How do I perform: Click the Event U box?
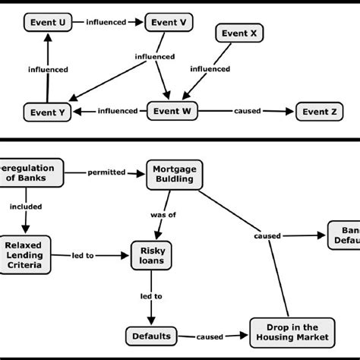[49, 23]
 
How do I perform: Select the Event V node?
[169, 23]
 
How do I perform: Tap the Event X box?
[239, 33]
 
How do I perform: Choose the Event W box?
[171, 111]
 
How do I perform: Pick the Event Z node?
[319, 112]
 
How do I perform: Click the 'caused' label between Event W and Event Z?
[248, 112]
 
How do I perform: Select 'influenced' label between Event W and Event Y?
[118, 112]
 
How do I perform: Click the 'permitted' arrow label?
[106, 172]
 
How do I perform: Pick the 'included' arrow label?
[27, 206]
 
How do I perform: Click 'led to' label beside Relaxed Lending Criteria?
[84, 256]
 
